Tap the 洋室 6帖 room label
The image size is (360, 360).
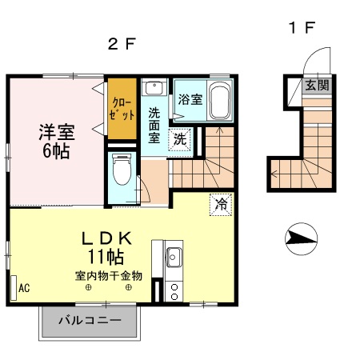click(54, 140)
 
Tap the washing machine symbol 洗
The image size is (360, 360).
click(182, 138)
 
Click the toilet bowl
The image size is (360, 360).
click(122, 170)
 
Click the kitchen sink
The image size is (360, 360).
click(174, 258)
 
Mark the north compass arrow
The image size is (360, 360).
click(300, 236)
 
